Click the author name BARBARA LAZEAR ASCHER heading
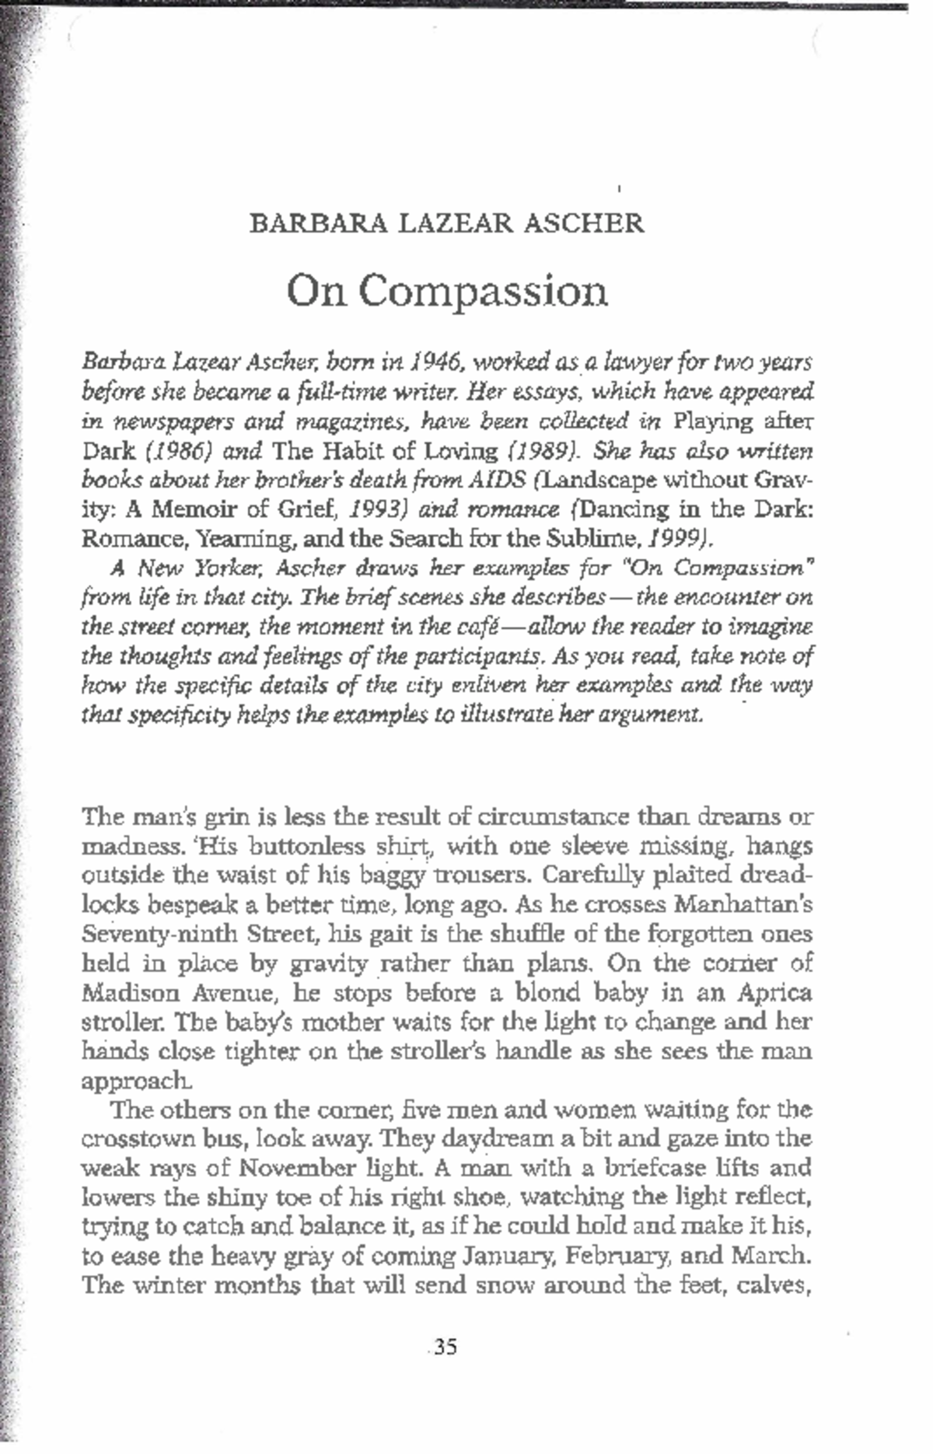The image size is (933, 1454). pos(446,223)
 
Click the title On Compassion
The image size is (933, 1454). pos(446,292)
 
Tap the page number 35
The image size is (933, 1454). pos(446,1346)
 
